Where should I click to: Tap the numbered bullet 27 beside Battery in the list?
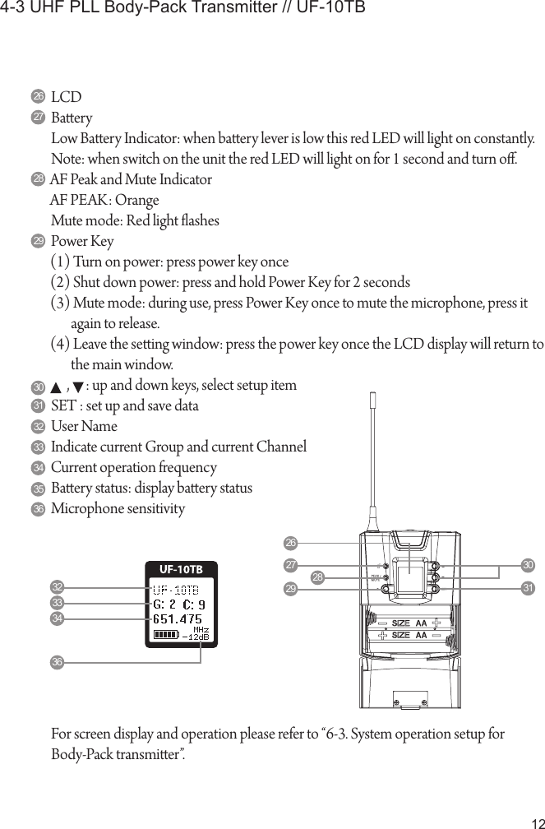point(39,118)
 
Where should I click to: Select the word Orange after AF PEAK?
point(136,201)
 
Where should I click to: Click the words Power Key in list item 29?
point(82,242)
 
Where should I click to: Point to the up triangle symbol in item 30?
point(55,387)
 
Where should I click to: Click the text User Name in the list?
point(84,427)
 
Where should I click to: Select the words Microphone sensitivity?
point(118,509)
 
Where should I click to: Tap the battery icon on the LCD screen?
point(165,634)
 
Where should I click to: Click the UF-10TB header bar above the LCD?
point(182,569)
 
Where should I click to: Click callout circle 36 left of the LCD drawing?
point(58,661)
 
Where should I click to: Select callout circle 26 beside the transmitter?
point(289,543)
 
